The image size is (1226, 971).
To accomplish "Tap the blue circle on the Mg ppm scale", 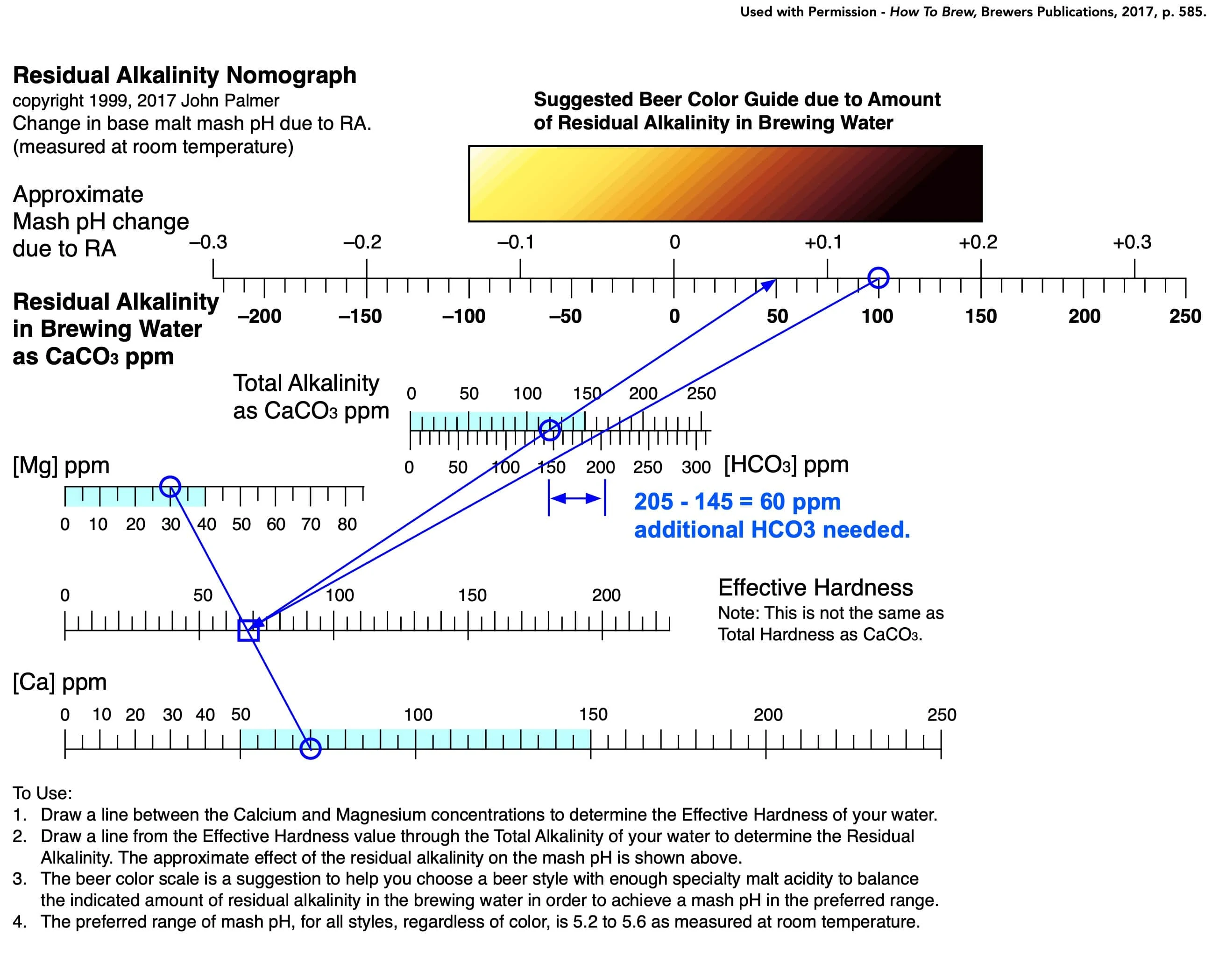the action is [x=170, y=477].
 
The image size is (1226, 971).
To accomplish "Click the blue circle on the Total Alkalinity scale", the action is [x=550, y=420].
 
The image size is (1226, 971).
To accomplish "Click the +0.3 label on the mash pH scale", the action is [x=1132, y=242].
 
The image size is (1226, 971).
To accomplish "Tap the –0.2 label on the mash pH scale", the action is [x=362, y=242].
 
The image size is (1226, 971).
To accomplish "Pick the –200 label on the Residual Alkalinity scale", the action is [x=259, y=316].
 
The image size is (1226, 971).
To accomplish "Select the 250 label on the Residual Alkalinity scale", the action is [x=1185, y=316].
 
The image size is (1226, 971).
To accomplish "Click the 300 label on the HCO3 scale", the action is [x=696, y=468].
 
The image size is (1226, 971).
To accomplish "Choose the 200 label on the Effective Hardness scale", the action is [x=606, y=595].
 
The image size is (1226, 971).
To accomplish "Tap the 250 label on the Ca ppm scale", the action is [x=942, y=715].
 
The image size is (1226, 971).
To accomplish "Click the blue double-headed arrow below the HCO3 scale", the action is [x=576, y=498].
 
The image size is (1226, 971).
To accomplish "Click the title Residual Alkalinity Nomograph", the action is [x=185, y=75].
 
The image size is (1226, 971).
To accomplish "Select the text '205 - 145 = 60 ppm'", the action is [x=737, y=502].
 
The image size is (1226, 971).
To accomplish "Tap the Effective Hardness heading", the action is [x=815, y=587].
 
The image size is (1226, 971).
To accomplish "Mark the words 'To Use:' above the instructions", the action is [x=43, y=793].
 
